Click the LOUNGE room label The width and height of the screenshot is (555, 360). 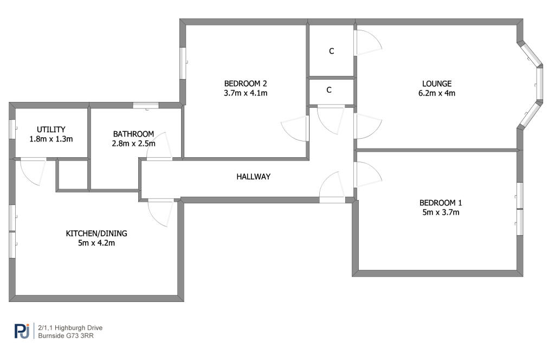coord(436,84)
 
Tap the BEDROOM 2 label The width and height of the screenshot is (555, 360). coord(246,83)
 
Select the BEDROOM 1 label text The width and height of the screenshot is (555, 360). coord(440,203)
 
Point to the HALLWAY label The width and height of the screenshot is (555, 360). coord(254,177)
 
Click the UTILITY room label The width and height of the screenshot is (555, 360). coord(51,130)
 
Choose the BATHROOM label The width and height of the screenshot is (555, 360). coord(133,134)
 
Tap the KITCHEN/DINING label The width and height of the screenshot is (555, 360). coord(96,234)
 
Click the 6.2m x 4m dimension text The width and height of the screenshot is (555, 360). coord(437,93)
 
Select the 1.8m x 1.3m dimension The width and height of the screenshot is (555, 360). coord(51,139)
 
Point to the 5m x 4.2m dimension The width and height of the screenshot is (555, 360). coord(96,243)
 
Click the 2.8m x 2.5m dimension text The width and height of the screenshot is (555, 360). coord(133,144)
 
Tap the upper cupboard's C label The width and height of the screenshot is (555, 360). coord(331,52)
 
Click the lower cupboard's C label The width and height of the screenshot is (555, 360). coord(329,90)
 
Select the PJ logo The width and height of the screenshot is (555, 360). coord(22,331)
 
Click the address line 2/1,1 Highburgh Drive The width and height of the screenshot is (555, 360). coord(70,328)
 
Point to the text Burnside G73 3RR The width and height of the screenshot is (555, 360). coord(66,336)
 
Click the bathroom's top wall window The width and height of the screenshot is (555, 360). coord(146,105)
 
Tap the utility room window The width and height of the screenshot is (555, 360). coord(12,129)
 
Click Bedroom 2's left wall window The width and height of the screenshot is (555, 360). coord(183,63)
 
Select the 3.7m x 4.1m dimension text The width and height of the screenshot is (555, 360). coord(246,93)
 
